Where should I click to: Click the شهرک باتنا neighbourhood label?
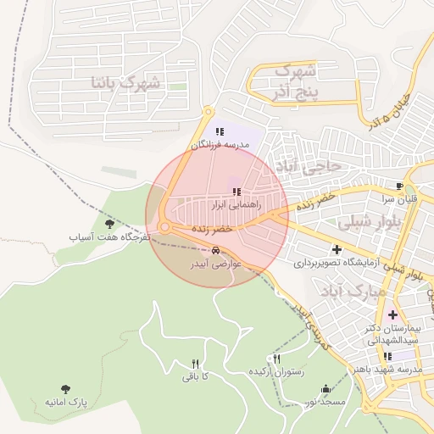tap(129, 83)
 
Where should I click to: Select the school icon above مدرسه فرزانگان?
tap(220, 131)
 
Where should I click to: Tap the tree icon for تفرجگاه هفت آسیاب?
tap(109, 224)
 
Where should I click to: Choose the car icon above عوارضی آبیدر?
tap(217, 251)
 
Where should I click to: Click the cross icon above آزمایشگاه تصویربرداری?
tap(337, 249)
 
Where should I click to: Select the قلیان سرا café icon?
tap(399, 186)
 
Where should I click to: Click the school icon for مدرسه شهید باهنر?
tap(387, 357)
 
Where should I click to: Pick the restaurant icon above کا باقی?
tap(194, 364)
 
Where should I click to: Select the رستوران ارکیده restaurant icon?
tap(273, 359)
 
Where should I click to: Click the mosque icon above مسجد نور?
tap(326, 389)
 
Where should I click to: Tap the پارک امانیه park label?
tap(66, 399)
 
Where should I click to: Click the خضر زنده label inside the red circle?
tap(211, 230)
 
